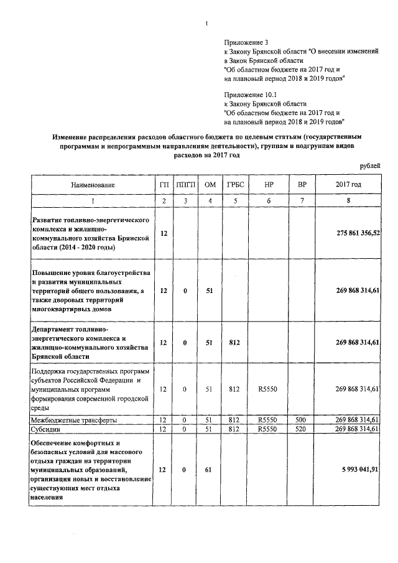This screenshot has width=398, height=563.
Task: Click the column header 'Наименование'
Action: tap(93, 185)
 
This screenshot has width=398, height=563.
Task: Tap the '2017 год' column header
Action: tap(348, 185)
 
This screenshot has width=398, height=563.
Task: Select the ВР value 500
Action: tap(302, 421)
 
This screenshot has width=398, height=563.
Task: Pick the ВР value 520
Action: tap(302, 429)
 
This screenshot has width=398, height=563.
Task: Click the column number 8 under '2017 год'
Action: tap(348, 201)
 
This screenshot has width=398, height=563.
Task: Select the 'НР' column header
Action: tap(269, 185)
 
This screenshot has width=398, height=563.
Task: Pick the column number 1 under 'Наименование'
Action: tap(93, 201)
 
